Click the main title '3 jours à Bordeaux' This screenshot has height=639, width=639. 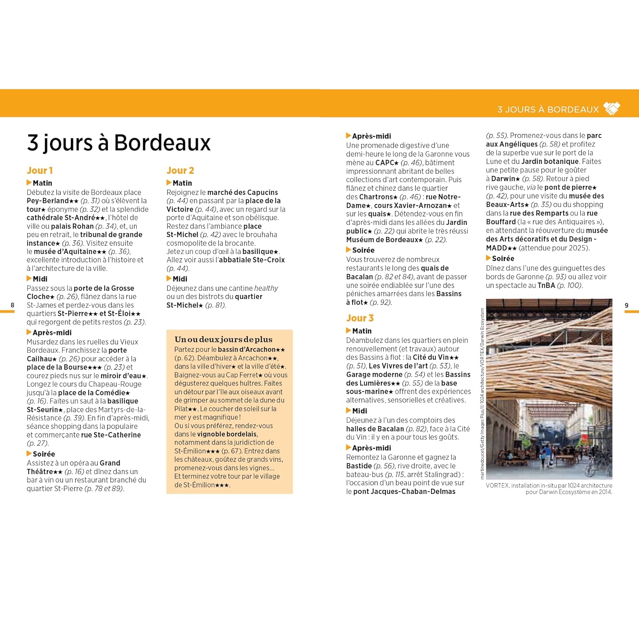point(119,142)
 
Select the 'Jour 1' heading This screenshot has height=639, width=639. point(40,170)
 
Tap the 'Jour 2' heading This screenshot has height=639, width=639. point(180,170)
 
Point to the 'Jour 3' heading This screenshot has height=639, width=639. point(360,318)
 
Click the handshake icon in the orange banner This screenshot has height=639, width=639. point(612,109)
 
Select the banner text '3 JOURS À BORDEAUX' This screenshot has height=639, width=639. point(548,109)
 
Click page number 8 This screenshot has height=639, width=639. point(12,305)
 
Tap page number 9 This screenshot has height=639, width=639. point(626,305)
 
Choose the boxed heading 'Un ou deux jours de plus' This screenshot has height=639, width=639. point(223,340)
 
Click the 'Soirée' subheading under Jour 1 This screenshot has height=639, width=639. point(43,454)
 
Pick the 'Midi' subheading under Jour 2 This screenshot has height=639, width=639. point(180,279)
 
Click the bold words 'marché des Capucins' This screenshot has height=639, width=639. point(243,192)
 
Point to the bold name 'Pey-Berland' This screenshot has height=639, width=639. point(48,201)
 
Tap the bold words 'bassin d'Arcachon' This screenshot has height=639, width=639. point(247,349)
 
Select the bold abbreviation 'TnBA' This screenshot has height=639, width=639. point(546,285)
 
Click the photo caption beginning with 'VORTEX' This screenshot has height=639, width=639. point(549,489)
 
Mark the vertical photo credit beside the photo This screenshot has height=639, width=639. point(482,394)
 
